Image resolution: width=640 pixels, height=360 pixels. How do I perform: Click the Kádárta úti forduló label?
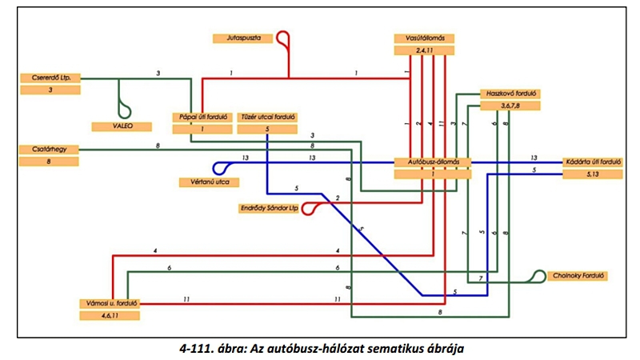[x=593, y=161]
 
